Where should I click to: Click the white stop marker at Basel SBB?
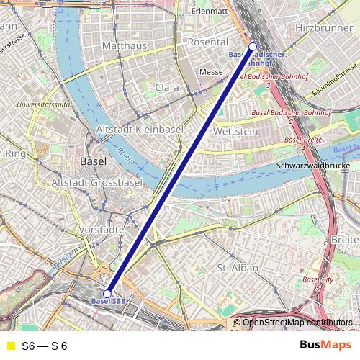107,294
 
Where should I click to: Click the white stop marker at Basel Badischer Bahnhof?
253,47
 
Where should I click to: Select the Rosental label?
207,42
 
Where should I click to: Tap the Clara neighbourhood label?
167,87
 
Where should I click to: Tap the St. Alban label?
238,268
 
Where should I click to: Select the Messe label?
211,72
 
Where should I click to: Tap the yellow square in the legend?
10,346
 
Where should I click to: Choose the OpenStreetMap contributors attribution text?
299,323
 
